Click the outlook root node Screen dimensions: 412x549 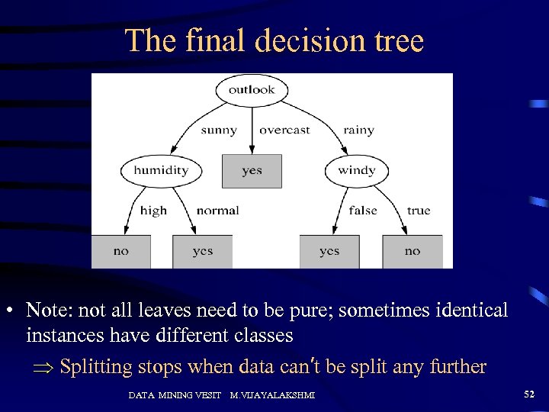(x=252, y=90)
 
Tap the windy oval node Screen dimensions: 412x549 (x=356, y=170)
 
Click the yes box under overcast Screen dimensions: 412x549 (x=252, y=171)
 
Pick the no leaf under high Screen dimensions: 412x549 (x=121, y=251)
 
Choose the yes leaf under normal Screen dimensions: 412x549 (x=203, y=251)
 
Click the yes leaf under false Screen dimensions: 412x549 (x=329, y=251)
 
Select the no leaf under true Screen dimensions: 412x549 (x=413, y=251)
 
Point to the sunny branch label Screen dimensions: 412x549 (x=219, y=130)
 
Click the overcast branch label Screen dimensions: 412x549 (x=284, y=130)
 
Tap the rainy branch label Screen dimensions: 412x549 (x=358, y=130)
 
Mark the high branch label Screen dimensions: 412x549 (x=153, y=211)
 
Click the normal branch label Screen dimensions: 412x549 (x=217, y=211)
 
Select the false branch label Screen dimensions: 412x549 (x=363, y=211)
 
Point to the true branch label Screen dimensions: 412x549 (x=419, y=211)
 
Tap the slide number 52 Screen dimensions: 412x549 (x=528, y=394)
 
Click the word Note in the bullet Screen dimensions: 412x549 (x=44, y=311)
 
